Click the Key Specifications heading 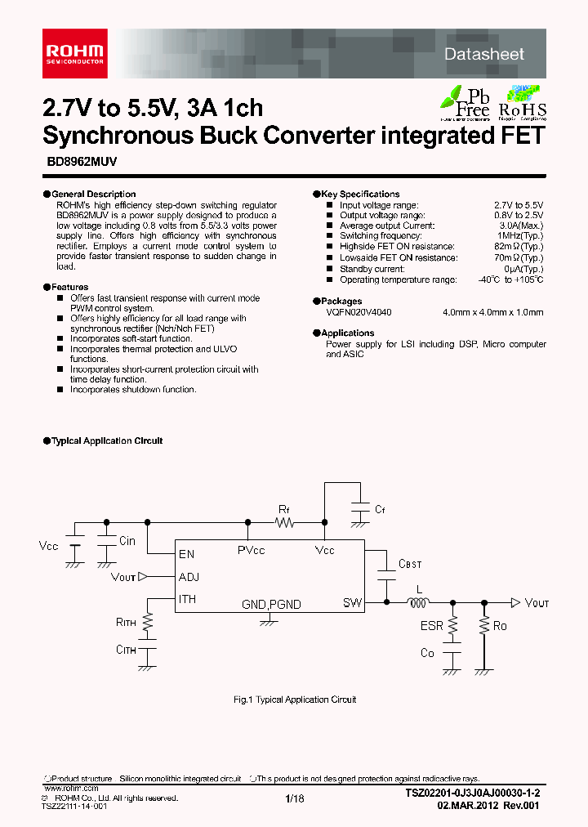pos(359,194)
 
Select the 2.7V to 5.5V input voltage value pos(518,205)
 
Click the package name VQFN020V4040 pos(359,312)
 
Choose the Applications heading pos(347,333)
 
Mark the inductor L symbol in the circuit pos(419,604)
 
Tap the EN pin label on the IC pos(187,553)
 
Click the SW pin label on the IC pos(352,603)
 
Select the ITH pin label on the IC pos(188,600)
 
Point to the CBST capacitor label pos(410,565)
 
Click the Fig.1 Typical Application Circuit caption pos(294,700)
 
